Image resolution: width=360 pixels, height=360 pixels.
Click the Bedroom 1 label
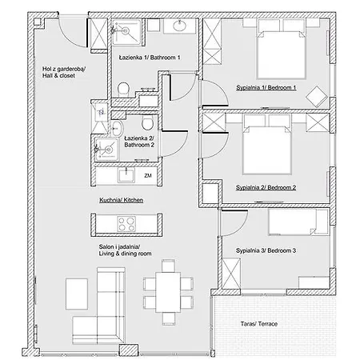(266, 87)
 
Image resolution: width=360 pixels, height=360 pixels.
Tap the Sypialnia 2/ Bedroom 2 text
(266, 187)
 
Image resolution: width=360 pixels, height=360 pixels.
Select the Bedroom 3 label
(266, 250)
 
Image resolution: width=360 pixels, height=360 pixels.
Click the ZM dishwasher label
(147, 174)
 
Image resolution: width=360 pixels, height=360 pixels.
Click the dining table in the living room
(168, 291)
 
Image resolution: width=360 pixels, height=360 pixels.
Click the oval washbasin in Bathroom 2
(117, 128)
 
